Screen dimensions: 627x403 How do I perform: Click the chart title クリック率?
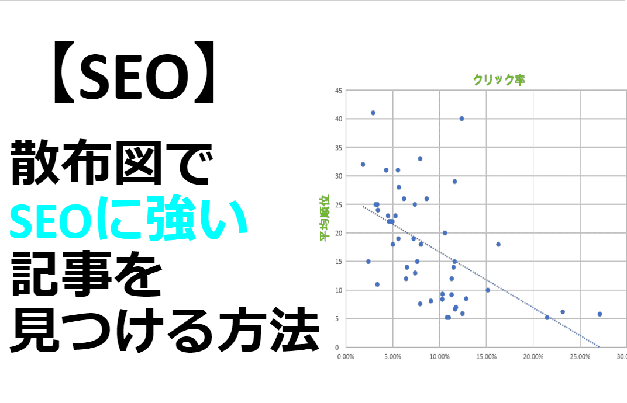[x=499, y=80]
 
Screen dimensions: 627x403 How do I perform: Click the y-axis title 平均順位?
[x=324, y=218]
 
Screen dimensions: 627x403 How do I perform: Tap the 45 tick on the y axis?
[x=339, y=91]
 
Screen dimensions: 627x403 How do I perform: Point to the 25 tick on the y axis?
[x=339, y=204]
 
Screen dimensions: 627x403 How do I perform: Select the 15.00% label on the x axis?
[x=486, y=357]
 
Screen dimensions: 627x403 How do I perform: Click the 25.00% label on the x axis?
[x=580, y=357]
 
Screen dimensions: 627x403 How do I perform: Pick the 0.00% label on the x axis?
[x=346, y=357]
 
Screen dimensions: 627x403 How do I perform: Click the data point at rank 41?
[x=373, y=113]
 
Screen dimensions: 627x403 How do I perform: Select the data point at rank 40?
[x=461, y=119]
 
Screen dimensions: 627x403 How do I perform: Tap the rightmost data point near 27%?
[x=600, y=314]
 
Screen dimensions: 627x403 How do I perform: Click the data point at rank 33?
[x=420, y=158]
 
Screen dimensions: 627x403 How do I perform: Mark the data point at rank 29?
[x=454, y=182]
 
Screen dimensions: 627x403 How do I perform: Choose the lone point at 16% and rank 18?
[x=498, y=245]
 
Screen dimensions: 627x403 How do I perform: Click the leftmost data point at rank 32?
[x=363, y=165]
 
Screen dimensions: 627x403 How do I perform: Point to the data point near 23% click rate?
[x=563, y=312]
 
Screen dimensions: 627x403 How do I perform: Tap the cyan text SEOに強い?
[x=129, y=218]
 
